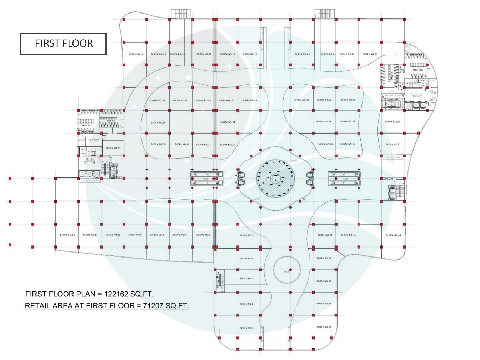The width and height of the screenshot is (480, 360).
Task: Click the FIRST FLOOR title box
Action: tap(63, 44)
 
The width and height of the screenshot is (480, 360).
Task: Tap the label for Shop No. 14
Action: tap(136, 54)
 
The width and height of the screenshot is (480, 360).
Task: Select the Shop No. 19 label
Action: tap(249, 54)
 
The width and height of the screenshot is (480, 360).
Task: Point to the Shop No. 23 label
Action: tap(370, 54)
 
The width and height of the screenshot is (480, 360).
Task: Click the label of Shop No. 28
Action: tap(249, 100)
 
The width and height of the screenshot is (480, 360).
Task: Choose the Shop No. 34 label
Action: tap(227, 122)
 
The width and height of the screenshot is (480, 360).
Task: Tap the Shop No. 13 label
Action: tap(113, 148)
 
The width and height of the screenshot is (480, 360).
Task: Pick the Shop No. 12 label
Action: tap(67, 235)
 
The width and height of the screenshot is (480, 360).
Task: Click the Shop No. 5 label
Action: tap(246, 235)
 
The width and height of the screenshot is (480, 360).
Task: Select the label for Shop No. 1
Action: tap(246, 328)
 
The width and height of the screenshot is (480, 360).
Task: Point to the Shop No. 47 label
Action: tap(324, 327)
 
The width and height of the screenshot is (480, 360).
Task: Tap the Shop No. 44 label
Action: tap(393, 235)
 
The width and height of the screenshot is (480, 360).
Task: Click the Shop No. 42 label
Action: tap(325, 235)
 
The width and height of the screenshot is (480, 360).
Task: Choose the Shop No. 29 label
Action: tap(158, 122)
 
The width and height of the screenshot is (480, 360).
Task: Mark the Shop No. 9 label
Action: tap(135, 235)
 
